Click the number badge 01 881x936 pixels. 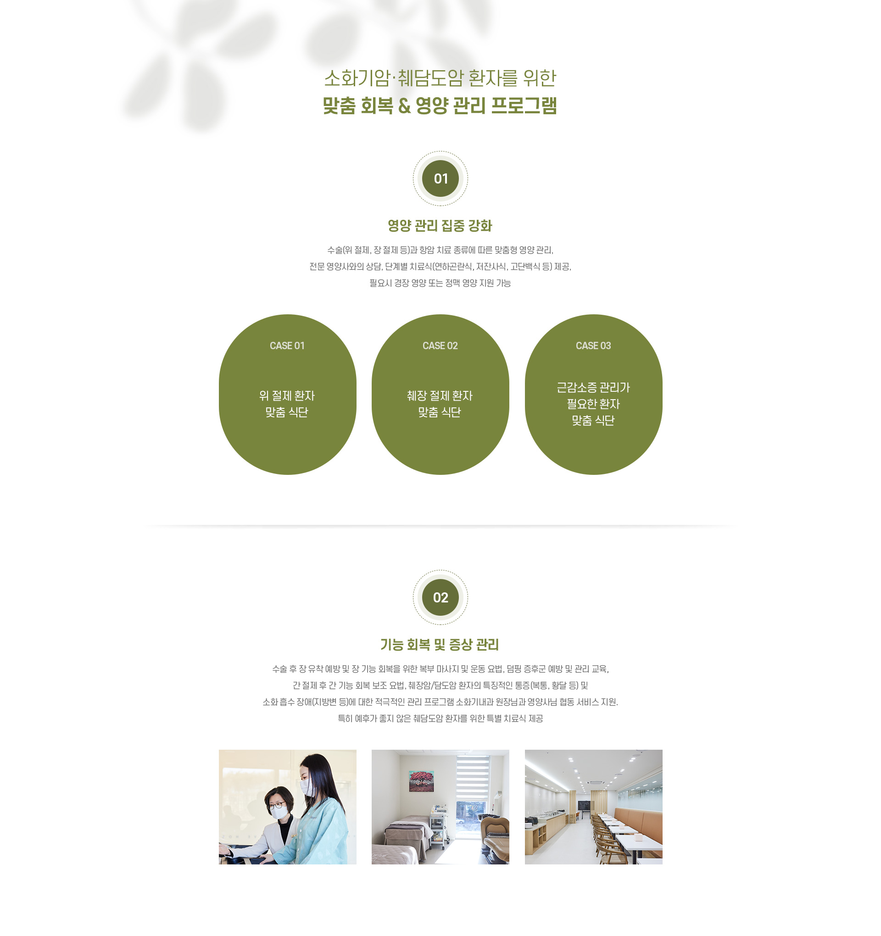(x=440, y=178)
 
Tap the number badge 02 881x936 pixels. (x=440, y=597)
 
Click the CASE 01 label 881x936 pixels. (x=287, y=345)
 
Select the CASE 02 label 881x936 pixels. (x=440, y=345)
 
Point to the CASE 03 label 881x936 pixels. (x=593, y=345)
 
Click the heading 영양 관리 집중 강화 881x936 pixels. (x=440, y=226)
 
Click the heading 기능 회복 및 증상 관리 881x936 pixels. (x=440, y=645)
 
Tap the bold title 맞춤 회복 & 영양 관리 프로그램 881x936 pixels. (x=440, y=106)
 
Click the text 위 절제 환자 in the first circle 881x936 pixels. (x=287, y=396)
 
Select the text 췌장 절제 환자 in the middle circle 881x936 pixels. (x=440, y=396)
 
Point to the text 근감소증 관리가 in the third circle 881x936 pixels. (x=593, y=388)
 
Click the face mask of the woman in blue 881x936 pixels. (x=306, y=786)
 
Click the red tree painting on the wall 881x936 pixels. (x=421, y=780)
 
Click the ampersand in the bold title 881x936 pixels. (x=404, y=106)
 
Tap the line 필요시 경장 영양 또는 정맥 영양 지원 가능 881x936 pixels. (x=440, y=283)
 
